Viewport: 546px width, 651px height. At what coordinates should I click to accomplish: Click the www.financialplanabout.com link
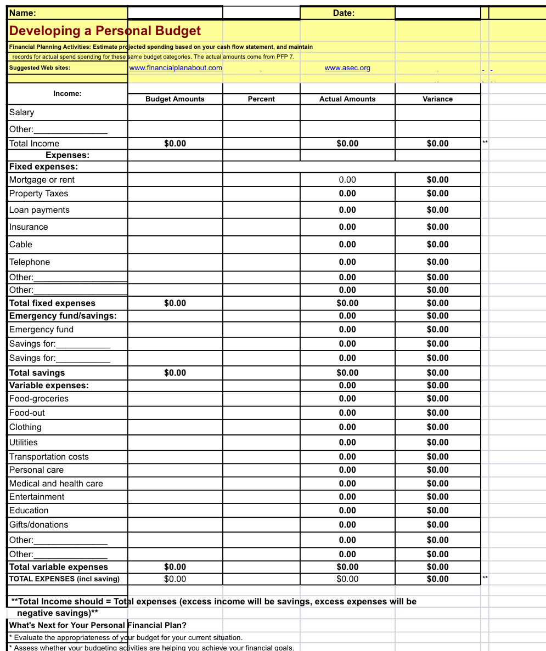coord(176,68)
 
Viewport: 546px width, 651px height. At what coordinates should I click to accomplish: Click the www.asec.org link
coord(347,68)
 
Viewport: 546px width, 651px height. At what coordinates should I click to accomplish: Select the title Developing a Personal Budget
coord(105,31)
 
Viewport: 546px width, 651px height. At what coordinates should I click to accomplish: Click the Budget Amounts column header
coord(175,99)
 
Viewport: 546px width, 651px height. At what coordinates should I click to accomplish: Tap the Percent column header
coord(261,99)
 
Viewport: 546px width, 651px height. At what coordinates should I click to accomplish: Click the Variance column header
coord(437,99)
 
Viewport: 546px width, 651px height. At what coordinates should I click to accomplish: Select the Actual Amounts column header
coord(347,99)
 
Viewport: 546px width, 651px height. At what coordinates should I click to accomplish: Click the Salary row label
coord(22,112)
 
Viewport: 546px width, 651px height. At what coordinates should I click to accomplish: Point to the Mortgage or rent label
coord(42,180)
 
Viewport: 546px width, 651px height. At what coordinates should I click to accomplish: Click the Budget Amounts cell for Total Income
coord(175,144)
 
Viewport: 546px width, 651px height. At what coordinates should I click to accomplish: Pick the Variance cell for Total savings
coord(437,373)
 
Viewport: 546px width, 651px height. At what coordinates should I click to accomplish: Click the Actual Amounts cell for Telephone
coord(347,262)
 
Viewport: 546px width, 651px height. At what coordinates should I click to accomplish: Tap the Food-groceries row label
coord(39,399)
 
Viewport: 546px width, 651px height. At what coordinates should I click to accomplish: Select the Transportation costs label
coord(49,457)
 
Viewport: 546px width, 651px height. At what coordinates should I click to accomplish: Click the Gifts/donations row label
coord(39,525)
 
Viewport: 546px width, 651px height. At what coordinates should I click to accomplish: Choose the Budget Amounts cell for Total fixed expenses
coord(175,303)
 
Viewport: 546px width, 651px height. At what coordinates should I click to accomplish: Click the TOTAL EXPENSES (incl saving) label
coord(64,579)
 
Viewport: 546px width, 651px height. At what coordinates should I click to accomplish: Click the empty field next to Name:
coord(175,13)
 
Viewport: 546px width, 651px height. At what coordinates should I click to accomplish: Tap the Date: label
coord(344,13)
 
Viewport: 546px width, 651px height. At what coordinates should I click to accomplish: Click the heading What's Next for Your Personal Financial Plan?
coord(98,625)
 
